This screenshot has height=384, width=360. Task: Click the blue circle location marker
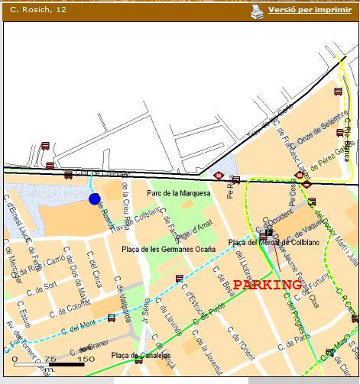coord(95,199)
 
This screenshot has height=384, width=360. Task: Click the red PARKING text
coord(267,285)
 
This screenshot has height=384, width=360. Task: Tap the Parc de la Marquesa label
coord(178,194)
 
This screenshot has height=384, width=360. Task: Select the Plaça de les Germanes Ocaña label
coord(168,250)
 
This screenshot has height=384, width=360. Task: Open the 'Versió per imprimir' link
coord(309,11)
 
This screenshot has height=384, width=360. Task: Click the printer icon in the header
coord(257,11)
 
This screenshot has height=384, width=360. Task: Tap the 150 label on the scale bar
coord(86,359)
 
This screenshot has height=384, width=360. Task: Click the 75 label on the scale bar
coord(50,359)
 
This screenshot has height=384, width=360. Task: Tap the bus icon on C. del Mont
coord(112,318)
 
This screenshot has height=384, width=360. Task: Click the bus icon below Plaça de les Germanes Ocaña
coord(180,279)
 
